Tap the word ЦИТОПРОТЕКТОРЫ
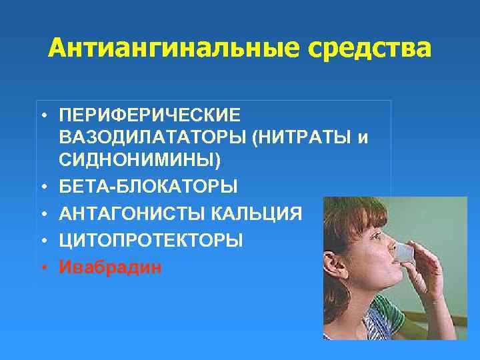pos(151,240)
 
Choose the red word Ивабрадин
pos(109,267)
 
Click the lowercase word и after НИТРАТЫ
pos(363,137)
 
